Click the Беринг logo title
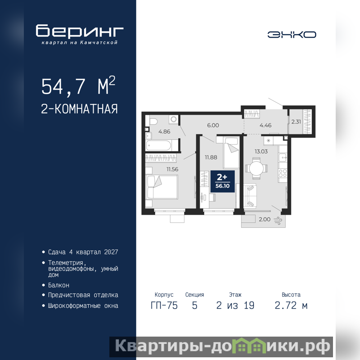(x=80, y=31)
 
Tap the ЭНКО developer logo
(x=292, y=35)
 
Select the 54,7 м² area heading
(x=78, y=86)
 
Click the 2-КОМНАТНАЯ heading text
(x=79, y=109)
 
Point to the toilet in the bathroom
(x=153, y=121)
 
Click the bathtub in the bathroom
(x=158, y=145)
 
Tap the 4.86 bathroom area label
(x=164, y=132)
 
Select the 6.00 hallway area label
(x=213, y=126)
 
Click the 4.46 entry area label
(x=265, y=126)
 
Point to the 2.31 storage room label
(x=296, y=121)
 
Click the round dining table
(x=256, y=168)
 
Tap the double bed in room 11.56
(x=162, y=187)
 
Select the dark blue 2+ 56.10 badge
(x=222, y=181)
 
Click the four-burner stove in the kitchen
(x=283, y=173)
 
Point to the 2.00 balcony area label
(x=265, y=220)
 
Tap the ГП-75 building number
(x=164, y=306)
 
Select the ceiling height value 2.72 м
(x=291, y=306)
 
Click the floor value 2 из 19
(x=235, y=306)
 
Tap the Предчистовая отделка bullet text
(x=83, y=295)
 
